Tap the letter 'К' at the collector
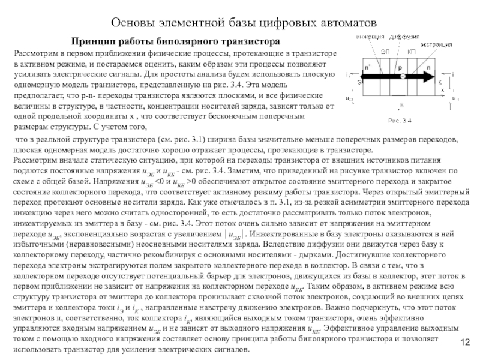[x=440, y=82]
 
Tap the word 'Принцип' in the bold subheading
[x=93, y=43]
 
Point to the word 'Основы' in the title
[x=132, y=23]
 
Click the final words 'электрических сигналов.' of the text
[x=204, y=350]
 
